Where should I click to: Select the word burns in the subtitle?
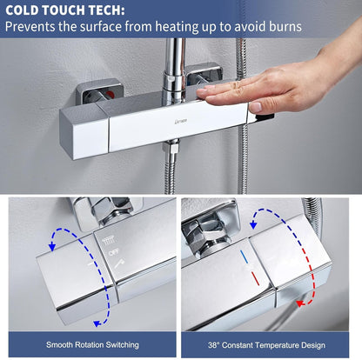pos(285,26)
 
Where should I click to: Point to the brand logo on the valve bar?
pos(182,120)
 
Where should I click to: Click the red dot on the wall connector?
pos(110,94)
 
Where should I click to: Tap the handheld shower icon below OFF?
pos(119,263)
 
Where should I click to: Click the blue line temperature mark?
pos(245,257)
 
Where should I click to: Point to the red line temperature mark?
pos(255,278)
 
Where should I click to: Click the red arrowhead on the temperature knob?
pos(300,303)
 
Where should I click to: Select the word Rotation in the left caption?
pos(90,344)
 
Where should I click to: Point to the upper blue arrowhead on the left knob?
pos(52,247)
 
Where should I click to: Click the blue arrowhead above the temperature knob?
pos(253,225)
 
